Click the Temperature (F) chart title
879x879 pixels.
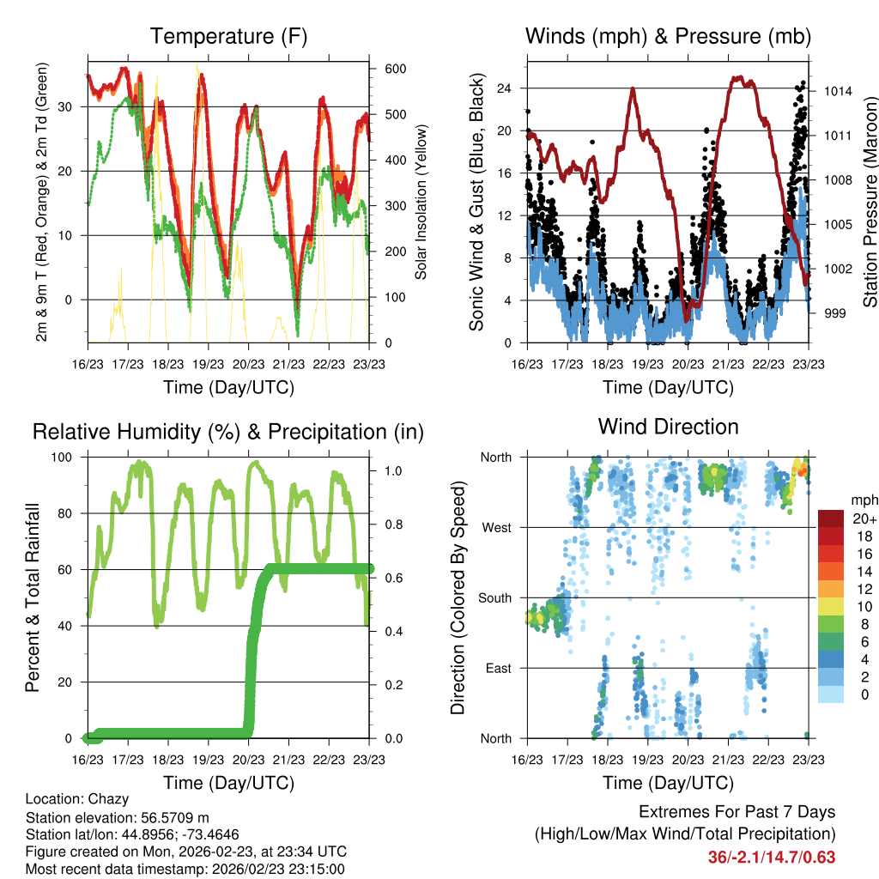(x=228, y=36)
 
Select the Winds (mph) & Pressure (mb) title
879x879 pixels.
(x=668, y=36)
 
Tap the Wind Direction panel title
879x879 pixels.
(x=668, y=426)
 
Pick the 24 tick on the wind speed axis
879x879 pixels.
(x=503, y=88)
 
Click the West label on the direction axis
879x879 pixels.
(x=496, y=528)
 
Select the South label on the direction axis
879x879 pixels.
(x=494, y=598)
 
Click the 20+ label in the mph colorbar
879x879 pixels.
(x=864, y=519)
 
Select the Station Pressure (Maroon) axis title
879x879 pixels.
(x=870, y=203)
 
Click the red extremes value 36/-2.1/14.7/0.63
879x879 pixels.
(x=772, y=857)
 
